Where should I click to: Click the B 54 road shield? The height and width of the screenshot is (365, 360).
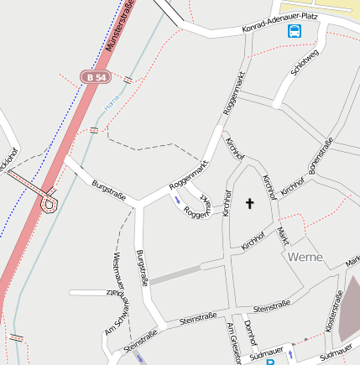pyautogui.click(x=97, y=76)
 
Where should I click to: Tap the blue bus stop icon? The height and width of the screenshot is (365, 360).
pyautogui.click(x=295, y=31)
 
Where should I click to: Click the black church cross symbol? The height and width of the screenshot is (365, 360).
pyautogui.click(x=249, y=203)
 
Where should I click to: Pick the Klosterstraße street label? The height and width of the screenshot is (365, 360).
pyautogui.click(x=338, y=311)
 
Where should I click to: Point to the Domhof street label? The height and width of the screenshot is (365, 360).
pyautogui.click(x=249, y=334)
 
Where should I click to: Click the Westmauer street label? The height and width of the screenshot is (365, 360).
pyautogui.click(x=117, y=270)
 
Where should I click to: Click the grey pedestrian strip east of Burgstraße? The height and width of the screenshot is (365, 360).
pyautogui.click(x=175, y=273)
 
